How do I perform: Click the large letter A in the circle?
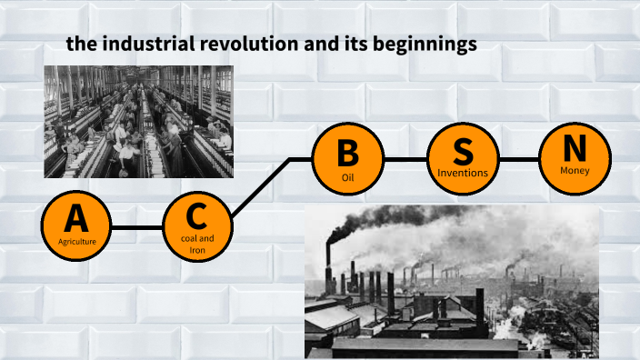pyautogui.click(x=77, y=218)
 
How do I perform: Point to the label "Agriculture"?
pyautogui.click(x=77, y=241)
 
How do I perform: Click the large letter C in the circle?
pyautogui.click(x=197, y=216)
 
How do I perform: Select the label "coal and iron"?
pyautogui.click(x=197, y=244)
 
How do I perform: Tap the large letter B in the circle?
pyautogui.click(x=347, y=151)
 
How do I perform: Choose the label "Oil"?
pyautogui.click(x=347, y=176)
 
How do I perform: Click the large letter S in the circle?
pyautogui.click(x=463, y=149)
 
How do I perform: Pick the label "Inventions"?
pyautogui.click(x=463, y=172)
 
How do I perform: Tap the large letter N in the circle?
pyautogui.click(x=575, y=147)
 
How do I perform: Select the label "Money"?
pyautogui.click(x=575, y=170)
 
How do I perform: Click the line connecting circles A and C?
pyautogui.click(x=137, y=226)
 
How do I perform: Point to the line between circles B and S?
pyautogui.click(x=405, y=159)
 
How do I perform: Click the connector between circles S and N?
pyautogui.click(x=519, y=159)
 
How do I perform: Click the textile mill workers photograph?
pyautogui.click(x=138, y=121)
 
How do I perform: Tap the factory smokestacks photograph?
pyautogui.click(x=452, y=282)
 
